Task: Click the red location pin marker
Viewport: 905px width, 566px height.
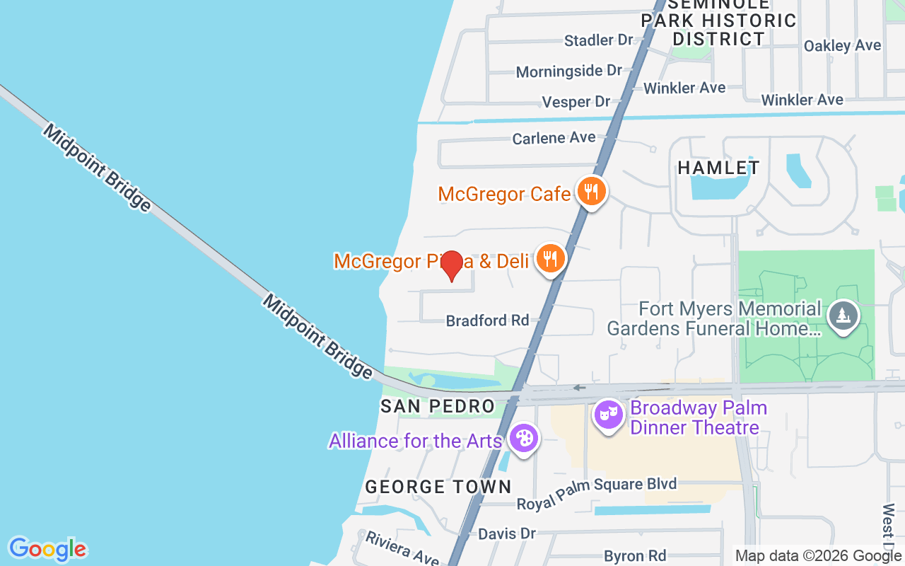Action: pyautogui.click(x=451, y=265)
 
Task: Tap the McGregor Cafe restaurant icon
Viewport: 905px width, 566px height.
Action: pyautogui.click(x=590, y=191)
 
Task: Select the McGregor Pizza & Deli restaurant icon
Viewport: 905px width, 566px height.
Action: pyautogui.click(x=549, y=259)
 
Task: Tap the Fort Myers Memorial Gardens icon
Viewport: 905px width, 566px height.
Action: pyautogui.click(x=842, y=315)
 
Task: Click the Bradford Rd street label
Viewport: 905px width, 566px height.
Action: pyautogui.click(x=487, y=320)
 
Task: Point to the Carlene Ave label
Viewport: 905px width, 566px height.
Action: pyautogui.click(x=554, y=138)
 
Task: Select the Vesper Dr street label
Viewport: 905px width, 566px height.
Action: pyautogui.click(x=576, y=102)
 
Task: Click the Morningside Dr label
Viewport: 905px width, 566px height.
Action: pyautogui.click(x=568, y=71)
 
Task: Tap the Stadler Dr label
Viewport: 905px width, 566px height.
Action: pyautogui.click(x=598, y=40)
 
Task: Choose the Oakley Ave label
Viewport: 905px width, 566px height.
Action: pyautogui.click(x=842, y=45)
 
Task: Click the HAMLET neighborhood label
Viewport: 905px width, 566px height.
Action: pyautogui.click(x=718, y=168)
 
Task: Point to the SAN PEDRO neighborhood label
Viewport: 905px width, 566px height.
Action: pyautogui.click(x=437, y=406)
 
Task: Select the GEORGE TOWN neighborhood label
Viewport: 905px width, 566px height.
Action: pyautogui.click(x=438, y=487)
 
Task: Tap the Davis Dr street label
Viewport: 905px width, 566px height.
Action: pyautogui.click(x=507, y=533)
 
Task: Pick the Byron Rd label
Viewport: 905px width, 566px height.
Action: pyautogui.click(x=635, y=555)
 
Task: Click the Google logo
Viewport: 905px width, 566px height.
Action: pyautogui.click(x=47, y=549)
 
